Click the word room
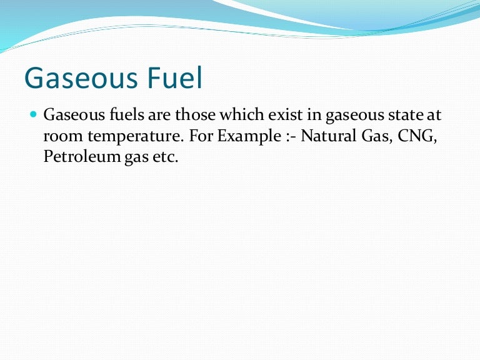[x=61, y=137]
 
